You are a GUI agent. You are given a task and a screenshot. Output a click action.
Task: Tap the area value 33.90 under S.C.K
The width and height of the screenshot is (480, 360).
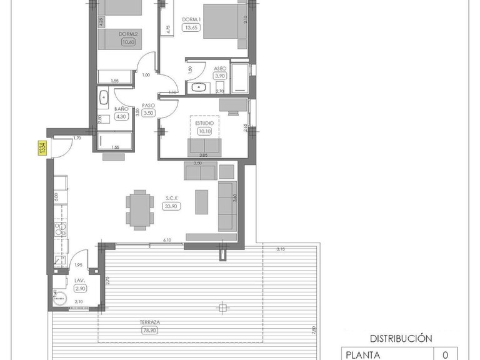[x=172, y=205]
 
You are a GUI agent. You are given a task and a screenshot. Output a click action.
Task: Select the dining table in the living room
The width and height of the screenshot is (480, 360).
[x=139, y=209]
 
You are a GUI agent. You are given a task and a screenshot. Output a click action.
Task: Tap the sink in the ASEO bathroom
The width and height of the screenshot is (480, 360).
[x=199, y=87]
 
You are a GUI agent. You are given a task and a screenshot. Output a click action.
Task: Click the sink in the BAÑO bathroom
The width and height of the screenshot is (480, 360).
[x=104, y=97]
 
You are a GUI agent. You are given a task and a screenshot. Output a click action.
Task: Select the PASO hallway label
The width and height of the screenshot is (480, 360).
[x=149, y=105]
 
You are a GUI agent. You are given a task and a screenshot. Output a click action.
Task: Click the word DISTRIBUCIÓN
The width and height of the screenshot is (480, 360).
[x=401, y=338]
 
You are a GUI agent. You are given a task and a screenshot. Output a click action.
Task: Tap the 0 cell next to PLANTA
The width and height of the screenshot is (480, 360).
[x=445, y=354]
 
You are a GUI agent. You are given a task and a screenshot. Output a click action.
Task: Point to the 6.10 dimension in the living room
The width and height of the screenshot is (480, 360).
[x=167, y=240]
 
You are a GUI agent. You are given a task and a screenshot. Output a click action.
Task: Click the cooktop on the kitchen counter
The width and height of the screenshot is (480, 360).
[x=61, y=229]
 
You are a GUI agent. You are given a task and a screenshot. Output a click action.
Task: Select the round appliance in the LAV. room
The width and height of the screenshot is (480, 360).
[x=59, y=299]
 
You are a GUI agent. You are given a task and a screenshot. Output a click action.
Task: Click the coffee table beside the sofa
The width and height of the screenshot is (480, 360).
[x=201, y=202]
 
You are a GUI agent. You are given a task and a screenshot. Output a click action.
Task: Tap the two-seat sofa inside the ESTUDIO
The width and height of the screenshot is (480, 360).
[x=204, y=147]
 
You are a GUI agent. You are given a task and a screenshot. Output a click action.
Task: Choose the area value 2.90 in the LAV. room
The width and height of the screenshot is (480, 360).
[x=80, y=289]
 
